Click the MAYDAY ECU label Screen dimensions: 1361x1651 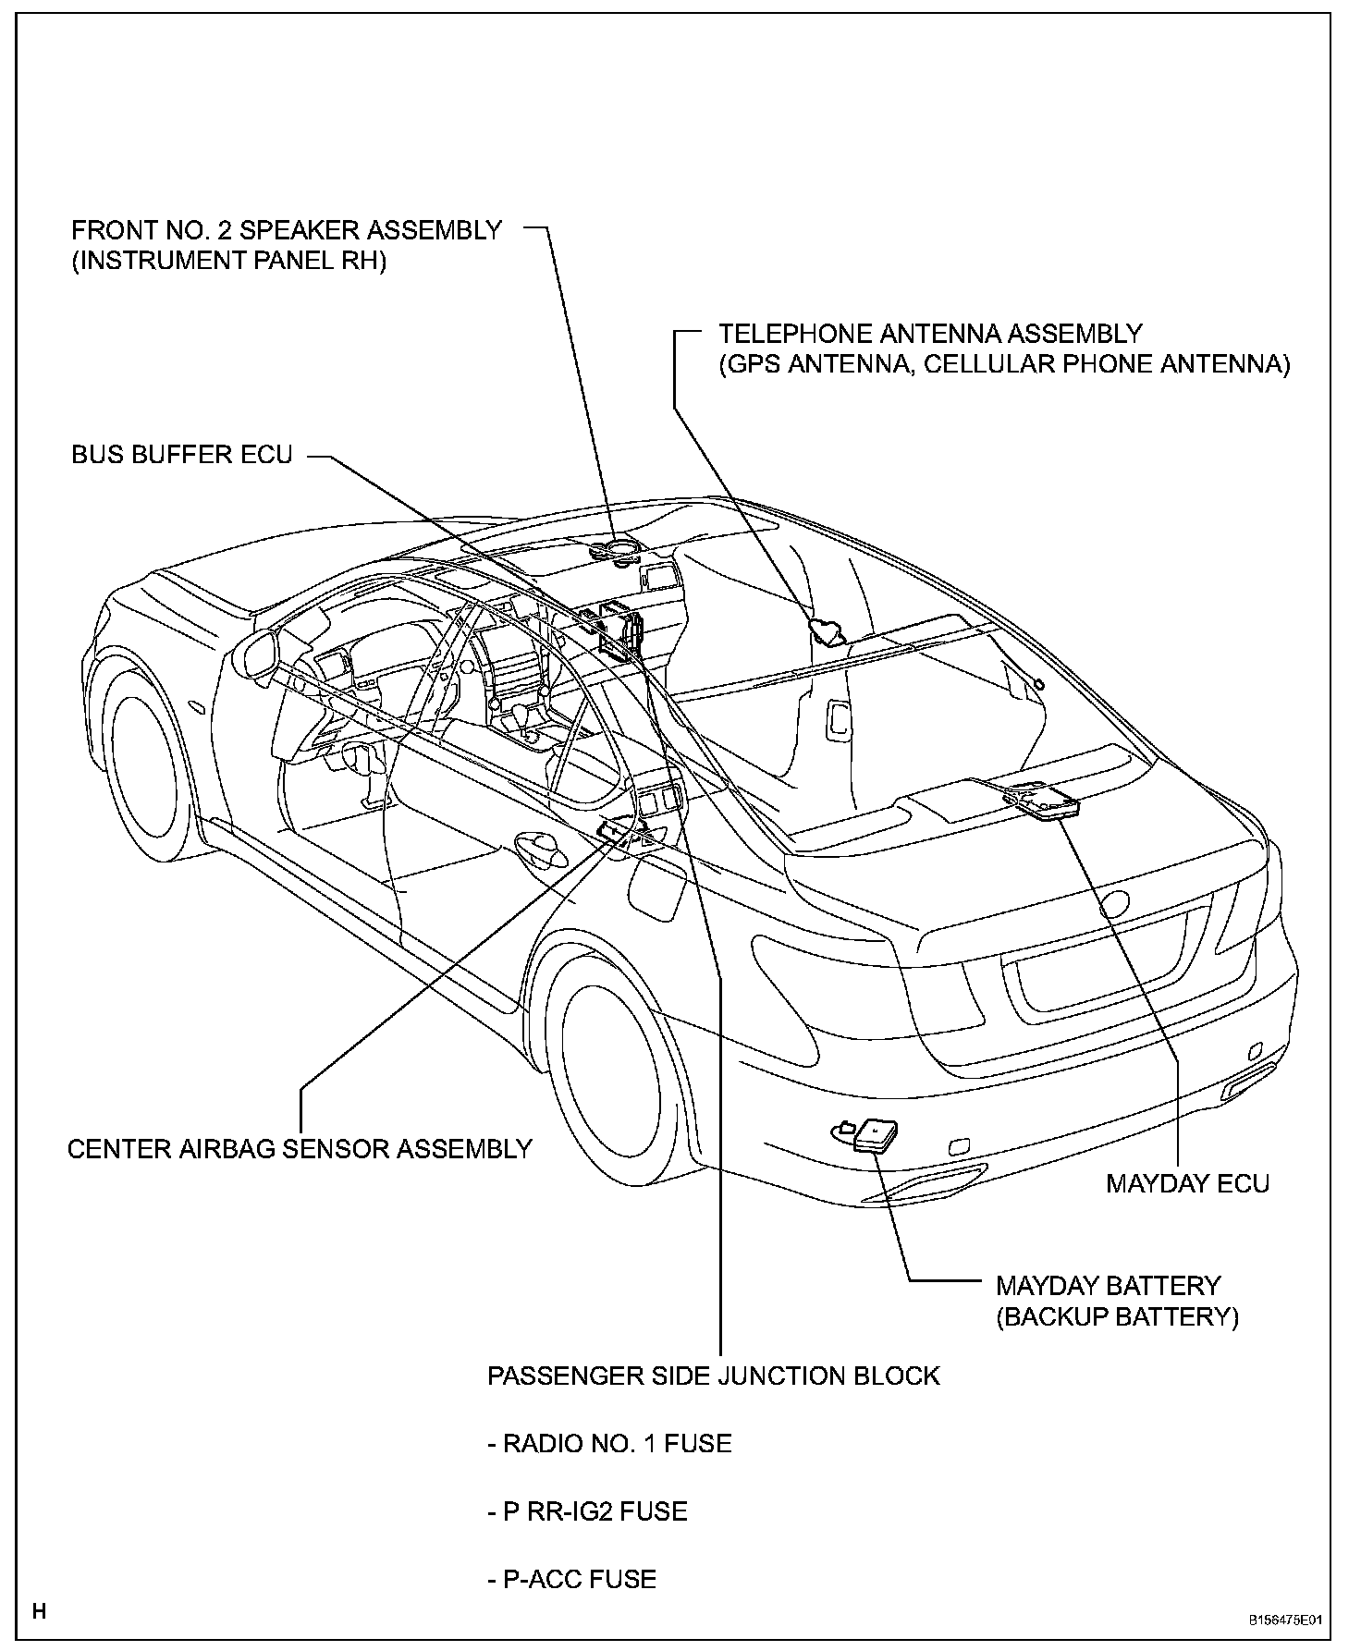[1187, 1182]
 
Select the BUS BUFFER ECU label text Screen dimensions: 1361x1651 [182, 455]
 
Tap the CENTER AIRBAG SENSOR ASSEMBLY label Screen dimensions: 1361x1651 [300, 1148]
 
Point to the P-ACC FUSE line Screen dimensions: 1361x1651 [571, 1578]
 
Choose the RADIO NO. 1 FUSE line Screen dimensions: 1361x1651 [609, 1443]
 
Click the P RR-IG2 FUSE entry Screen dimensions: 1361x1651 [587, 1510]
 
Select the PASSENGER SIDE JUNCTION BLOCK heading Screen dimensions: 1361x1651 [713, 1376]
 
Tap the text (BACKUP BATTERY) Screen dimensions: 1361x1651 [1117, 1316]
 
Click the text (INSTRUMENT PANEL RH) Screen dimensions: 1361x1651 [228, 261]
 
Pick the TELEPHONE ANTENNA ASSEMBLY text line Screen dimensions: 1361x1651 [931, 333]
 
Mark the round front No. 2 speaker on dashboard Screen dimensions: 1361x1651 [615, 550]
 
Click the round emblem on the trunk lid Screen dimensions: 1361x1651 [1117, 903]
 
